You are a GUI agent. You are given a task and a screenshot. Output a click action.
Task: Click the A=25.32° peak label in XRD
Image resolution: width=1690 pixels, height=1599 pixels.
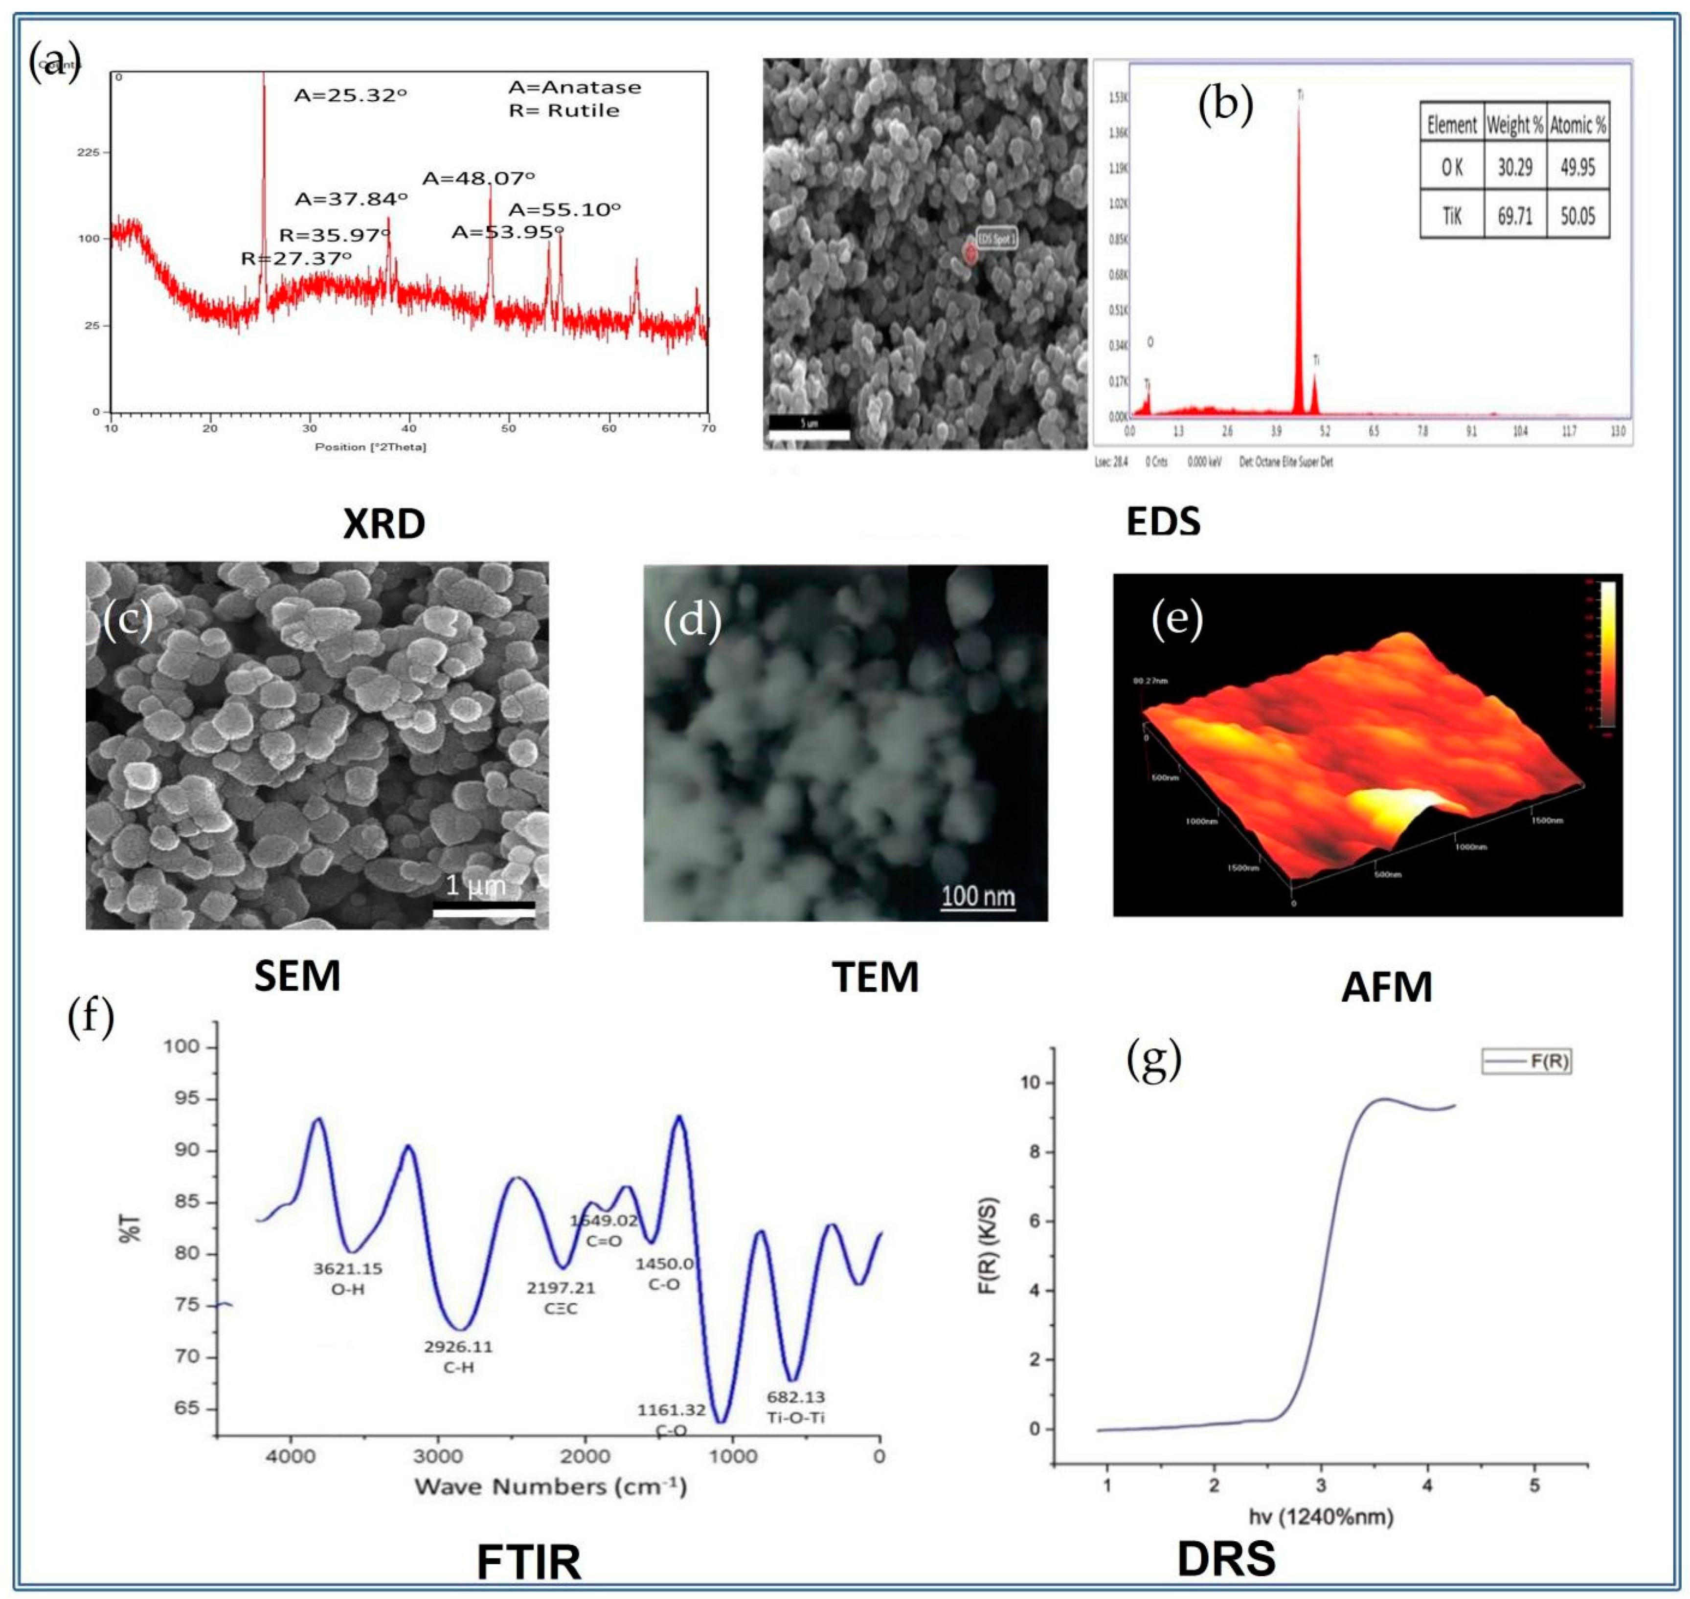click(x=350, y=95)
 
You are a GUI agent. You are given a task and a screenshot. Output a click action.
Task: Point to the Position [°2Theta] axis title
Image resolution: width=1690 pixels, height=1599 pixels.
click(x=370, y=446)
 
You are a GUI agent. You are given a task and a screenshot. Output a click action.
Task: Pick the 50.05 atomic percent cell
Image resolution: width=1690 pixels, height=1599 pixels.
click(x=1577, y=216)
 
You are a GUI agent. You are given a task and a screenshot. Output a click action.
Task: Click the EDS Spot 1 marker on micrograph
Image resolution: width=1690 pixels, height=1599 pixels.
click(x=970, y=252)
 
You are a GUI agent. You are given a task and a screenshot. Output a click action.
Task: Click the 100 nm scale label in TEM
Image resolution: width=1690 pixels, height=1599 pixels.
click(x=977, y=897)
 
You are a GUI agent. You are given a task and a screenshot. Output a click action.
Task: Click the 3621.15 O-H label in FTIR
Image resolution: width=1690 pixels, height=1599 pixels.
click(x=348, y=1279)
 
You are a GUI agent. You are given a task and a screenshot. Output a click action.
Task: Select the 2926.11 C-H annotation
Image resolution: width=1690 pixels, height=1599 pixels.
click(x=458, y=1357)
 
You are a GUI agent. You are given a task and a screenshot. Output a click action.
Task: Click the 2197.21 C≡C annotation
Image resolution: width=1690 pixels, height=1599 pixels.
click(x=560, y=1297)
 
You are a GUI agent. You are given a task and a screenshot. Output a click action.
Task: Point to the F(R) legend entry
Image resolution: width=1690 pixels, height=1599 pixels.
click(x=1526, y=1062)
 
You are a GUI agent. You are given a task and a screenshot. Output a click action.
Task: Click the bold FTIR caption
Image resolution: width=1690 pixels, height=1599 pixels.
click(x=529, y=1561)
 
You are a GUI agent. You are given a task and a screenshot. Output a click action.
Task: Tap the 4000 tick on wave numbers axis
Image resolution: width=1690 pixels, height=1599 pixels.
click(x=290, y=1456)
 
